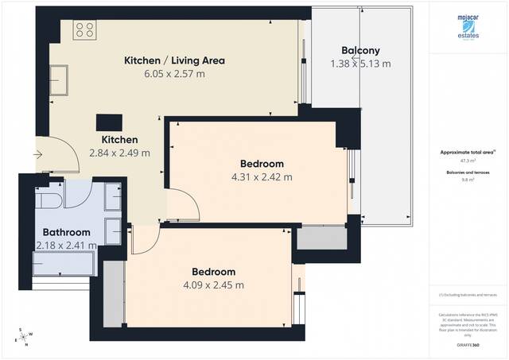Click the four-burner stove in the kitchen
pos(84,31)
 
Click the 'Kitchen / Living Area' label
pos(174,60)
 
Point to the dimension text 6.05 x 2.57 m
pos(174,74)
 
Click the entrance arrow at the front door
pos(39,154)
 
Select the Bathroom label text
pos(62,233)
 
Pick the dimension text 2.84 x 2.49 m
pos(119,152)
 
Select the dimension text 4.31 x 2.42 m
pos(260,177)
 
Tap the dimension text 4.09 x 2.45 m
pos(212,285)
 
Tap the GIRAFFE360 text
pos(468,345)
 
